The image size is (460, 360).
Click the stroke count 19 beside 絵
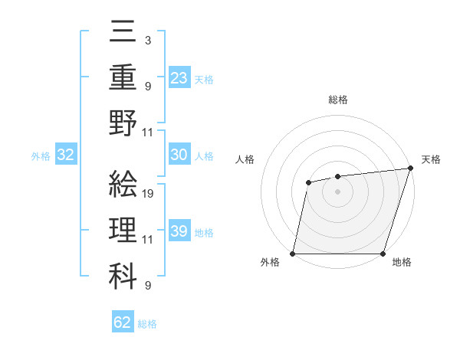(x=148, y=193)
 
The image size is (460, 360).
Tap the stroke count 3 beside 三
(x=147, y=41)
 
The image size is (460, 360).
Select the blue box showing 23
(x=179, y=77)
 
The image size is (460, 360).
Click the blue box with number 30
(x=179, y=155)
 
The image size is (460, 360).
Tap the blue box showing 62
(x=122, y=322)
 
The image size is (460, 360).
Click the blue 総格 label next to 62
(x=147, y=324)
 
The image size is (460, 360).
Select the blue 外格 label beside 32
(x=41, y=156)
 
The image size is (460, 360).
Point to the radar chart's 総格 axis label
(x=337, y=100)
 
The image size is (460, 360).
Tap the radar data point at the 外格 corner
(x=293, y=254)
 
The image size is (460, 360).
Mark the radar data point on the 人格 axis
(x=308, y=182)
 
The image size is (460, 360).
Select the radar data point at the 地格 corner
(x=383, y=254)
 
